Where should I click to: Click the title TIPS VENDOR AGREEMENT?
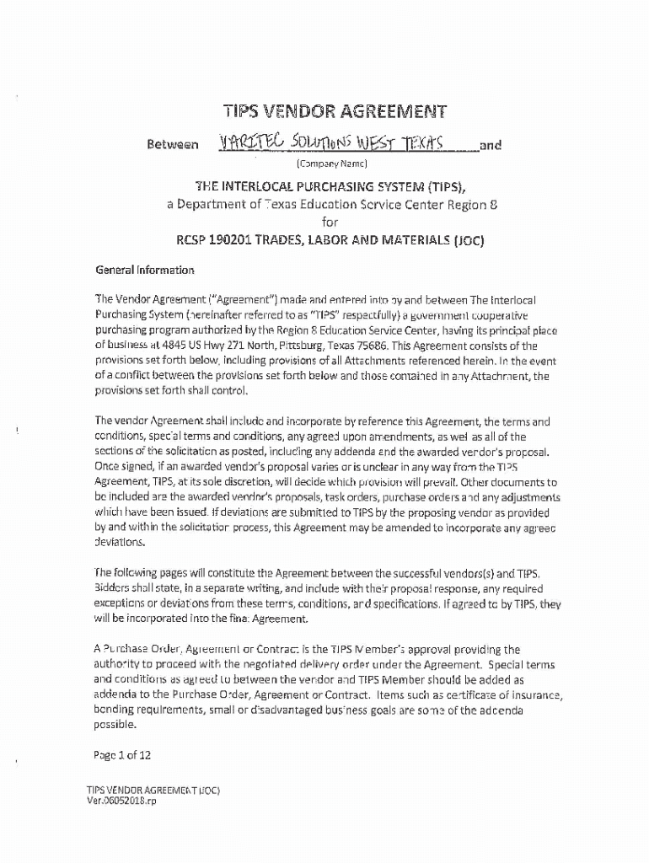pos(334,111)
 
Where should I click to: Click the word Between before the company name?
pos(174,145)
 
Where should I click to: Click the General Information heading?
pos(144,271)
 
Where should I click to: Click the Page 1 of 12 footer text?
pos(122,755)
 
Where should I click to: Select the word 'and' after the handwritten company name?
pos(490,145)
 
